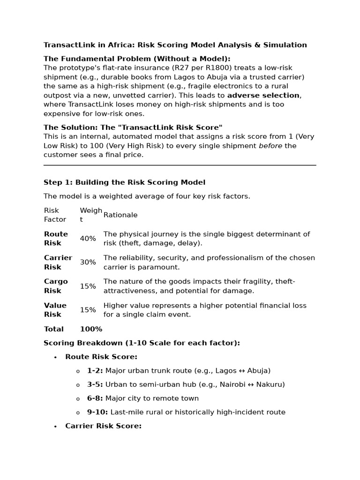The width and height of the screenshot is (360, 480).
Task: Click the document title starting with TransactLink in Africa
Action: click(175, 45)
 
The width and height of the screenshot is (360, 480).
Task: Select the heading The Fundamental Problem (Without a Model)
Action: click(137, 59)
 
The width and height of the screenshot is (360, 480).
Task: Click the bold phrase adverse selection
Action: click(263, 95)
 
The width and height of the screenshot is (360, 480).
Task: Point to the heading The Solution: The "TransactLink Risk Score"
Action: click(133, 127)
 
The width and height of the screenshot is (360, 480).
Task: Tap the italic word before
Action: click(271, 146)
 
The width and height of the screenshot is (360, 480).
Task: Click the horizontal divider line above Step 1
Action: click(180, 165)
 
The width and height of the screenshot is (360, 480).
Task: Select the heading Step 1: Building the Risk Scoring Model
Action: click(124, 182)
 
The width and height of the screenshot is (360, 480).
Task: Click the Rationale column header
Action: click(120, 215)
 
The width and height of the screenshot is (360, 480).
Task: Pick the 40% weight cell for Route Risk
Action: click(88, 239)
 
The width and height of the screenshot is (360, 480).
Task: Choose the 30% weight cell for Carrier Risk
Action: click(88, 262)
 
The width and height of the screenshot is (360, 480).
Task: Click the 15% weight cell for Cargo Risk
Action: click(88, 286)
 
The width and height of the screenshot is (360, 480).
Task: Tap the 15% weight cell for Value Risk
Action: click(88, 310)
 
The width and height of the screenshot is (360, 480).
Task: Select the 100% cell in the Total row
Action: click(91, 329)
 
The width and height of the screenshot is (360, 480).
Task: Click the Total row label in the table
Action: click(53, 329)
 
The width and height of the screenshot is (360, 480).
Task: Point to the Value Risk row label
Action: click(55, 310)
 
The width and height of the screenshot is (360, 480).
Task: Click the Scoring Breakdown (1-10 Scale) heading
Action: click(142, 343)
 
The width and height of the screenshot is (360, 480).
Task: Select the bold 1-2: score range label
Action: click(95, 371)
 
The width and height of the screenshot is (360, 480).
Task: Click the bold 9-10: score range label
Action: click(97, 412)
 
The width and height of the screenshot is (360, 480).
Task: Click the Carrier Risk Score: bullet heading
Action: click(103, 426)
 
